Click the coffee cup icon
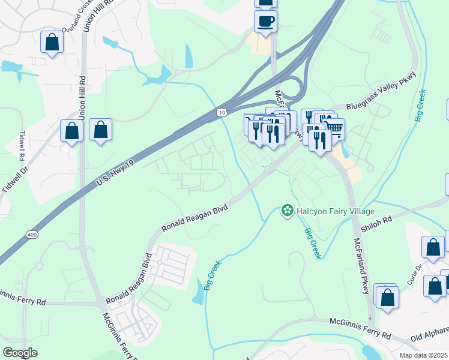pyautogui.click(x=265, y=22)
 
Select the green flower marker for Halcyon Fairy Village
pyautogui.click(x=288, y=211)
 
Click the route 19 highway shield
pyautogui.click(x=222, y=112)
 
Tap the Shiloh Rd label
pyautogui.click(x=379, y=220)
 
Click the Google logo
pyautogui.click(x=20, y=353)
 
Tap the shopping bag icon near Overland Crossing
pyautogui.click(x=52, y=42)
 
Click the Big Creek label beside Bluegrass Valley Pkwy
pyautogui.click(x=420, y=106)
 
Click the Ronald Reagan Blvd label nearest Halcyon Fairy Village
pyautogui.click(x=195, y=217)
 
